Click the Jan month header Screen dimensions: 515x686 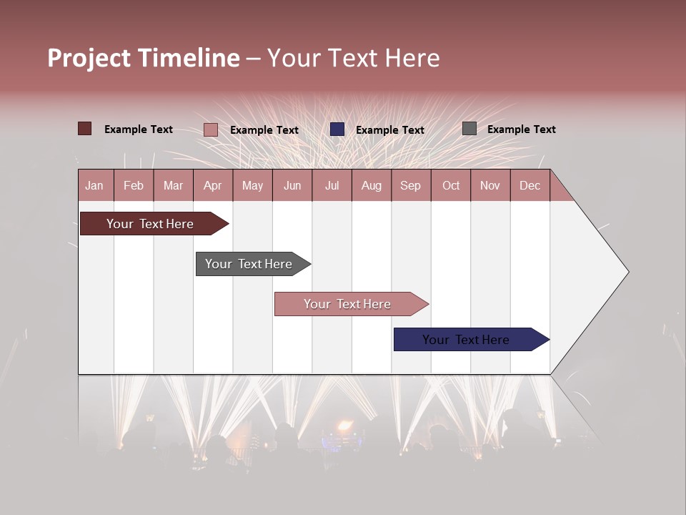95,185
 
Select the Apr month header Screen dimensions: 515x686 213,185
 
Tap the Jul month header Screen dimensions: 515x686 332,185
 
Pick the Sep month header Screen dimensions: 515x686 410,185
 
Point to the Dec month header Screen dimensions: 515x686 530,185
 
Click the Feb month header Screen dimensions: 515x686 134,185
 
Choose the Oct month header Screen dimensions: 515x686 451,185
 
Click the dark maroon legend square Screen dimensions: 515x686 84,129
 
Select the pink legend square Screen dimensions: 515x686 211,129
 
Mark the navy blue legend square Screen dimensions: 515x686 337,129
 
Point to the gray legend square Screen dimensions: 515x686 469,129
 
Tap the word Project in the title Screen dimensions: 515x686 89,58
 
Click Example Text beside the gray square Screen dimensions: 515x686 521,129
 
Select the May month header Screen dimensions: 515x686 252,185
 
